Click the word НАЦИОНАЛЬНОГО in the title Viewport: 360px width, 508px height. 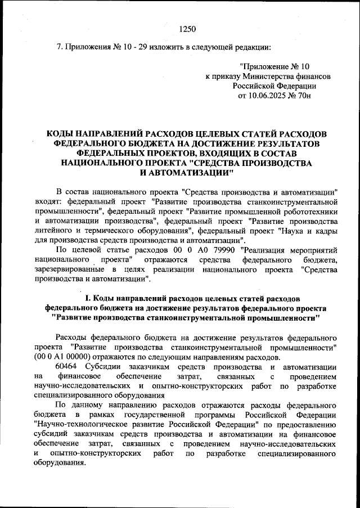coord(109,162)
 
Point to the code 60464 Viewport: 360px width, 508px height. coord(68,366)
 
